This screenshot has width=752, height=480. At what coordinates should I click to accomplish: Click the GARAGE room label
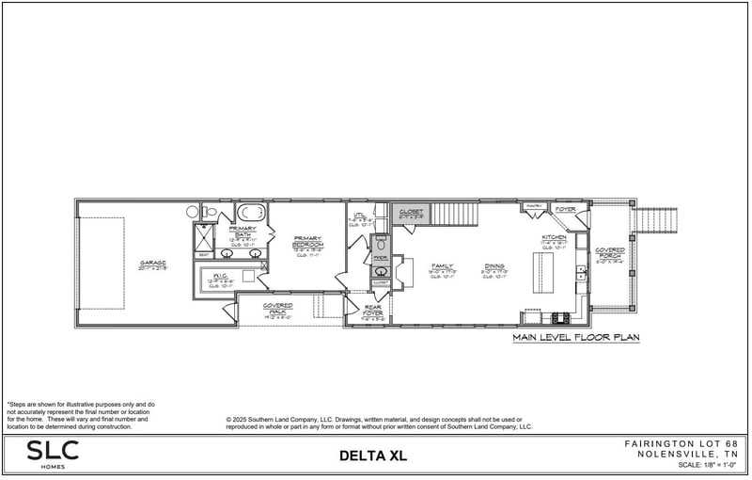152,265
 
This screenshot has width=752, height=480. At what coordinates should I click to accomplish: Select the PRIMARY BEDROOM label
307,243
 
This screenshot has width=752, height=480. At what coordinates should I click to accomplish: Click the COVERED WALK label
277,308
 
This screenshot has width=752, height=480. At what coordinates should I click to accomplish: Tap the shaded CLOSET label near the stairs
412,211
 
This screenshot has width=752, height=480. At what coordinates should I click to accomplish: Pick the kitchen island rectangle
539,272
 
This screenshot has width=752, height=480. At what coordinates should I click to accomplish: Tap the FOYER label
565,209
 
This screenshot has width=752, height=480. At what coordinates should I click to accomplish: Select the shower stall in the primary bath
204,234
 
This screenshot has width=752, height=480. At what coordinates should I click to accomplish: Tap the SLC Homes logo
54,455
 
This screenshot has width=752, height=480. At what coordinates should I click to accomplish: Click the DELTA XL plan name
375,456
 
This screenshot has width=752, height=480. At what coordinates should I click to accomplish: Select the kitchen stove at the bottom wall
561,316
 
